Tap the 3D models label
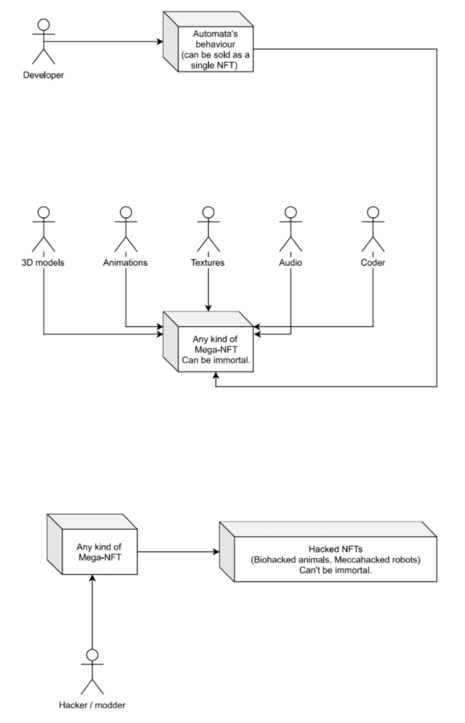click(43, 262)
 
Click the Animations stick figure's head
click(126, 212)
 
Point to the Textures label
click(208, 262)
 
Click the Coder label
click(373, 262)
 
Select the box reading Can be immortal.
click(208, 342)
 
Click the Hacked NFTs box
click(328, 551)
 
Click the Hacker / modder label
click(92, 705)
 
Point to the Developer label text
click(44, 75)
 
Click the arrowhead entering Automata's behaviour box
click(160, 41)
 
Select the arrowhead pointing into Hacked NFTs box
click(216, 552)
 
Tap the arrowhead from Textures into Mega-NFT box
click(208, 308)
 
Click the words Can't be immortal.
click(335, 570)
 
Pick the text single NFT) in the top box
click(214, 66)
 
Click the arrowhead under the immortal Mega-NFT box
click(216, 376)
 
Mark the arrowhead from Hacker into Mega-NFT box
click(92, 578)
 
